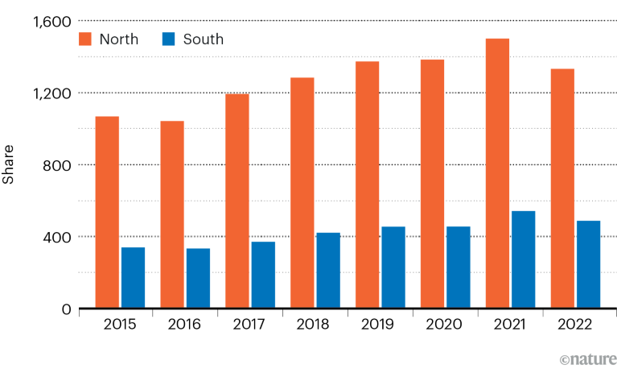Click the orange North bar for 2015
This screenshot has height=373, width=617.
[x=107, y=213]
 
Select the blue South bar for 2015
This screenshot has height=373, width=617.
[x=133, y=278]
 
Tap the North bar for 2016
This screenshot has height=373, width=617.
[x=172, y=215]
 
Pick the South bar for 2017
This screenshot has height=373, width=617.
[x=263, y=275]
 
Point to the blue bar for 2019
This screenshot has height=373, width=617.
[x=393, y=267]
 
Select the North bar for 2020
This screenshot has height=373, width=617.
[x=432, y=184]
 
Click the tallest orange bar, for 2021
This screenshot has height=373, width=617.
[x=497, y=173]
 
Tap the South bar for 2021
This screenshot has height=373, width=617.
[x=523, y=259]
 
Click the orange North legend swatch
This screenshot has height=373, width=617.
[x=87, y=39]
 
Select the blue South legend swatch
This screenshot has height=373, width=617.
[x=168, y=39]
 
